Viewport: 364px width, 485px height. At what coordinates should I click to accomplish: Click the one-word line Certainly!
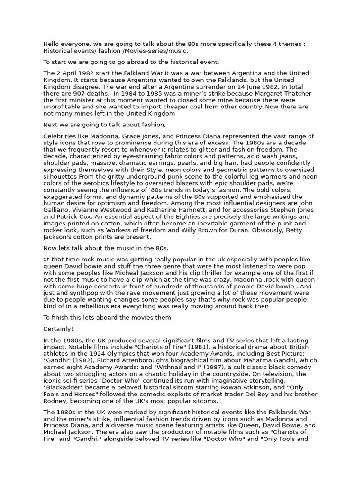tap(58, 329)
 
